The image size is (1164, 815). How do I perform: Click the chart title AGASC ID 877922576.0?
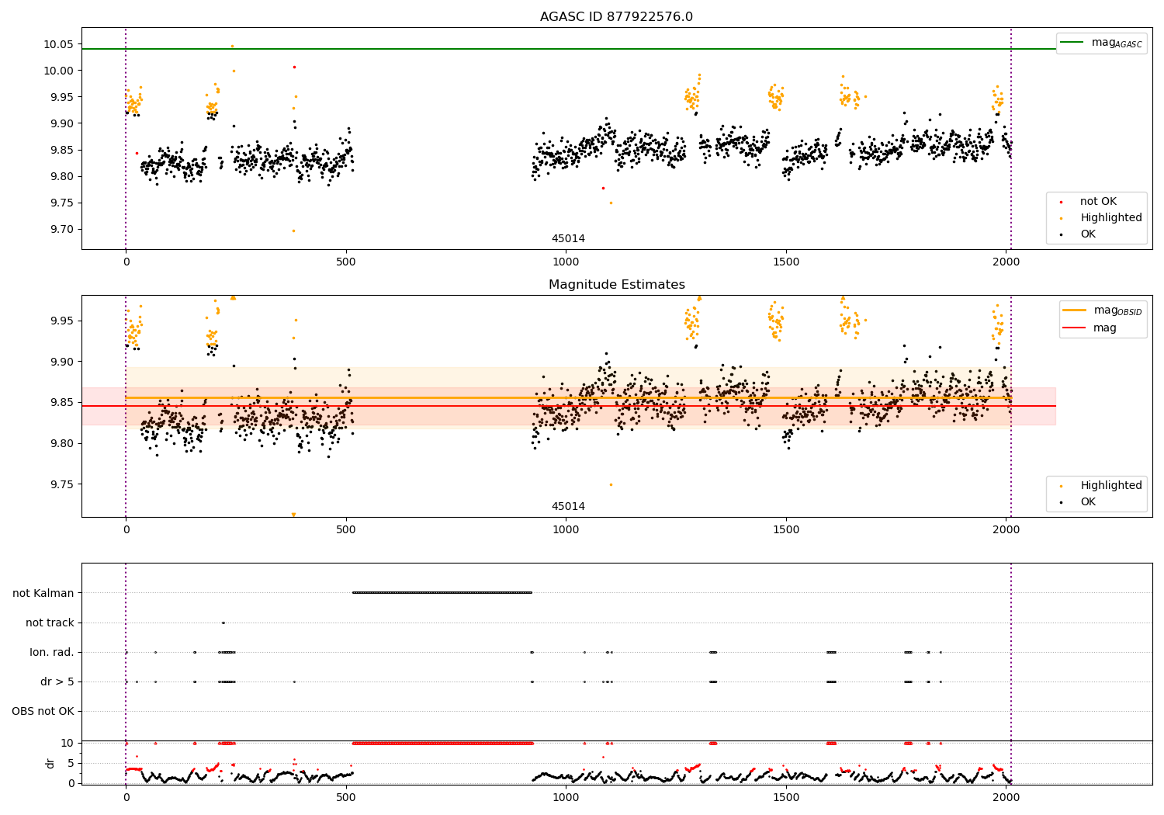point(616,17)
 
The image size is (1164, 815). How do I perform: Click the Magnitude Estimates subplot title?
point(616,285)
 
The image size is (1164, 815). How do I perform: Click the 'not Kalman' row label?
point(43,593)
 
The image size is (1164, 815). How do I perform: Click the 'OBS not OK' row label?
point(43,711)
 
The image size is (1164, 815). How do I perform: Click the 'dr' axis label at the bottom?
point(50,763)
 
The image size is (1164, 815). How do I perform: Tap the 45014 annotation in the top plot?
point(568,239)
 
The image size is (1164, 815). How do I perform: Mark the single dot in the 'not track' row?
point(223,623)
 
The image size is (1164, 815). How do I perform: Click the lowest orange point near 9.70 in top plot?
point(293,231)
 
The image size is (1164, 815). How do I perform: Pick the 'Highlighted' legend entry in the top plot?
point(1110,218)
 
